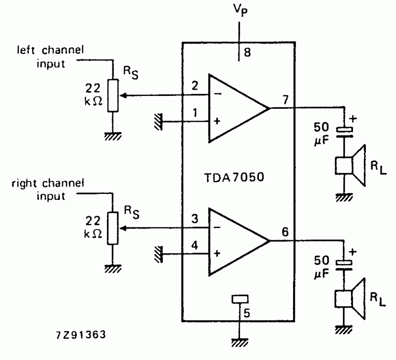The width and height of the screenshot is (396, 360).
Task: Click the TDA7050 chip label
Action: pyautogui.click(x=234, y=177)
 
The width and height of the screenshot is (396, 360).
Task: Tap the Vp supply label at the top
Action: pyautogui.click(x=240, y=10)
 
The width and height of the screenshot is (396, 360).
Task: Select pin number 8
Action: pyautogui.click(x=247, y=52)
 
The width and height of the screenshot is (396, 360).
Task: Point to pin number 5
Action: pyautogui.click(x=247, y=313)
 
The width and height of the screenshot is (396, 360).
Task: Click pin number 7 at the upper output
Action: pyautogui.click(x=286, y=99)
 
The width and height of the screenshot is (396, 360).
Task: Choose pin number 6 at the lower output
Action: pyautogui.click(x=285, y=232)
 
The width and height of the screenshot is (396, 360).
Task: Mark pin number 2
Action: pyautogui.click(x=195, y=86)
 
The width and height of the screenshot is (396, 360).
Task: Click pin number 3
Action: pyautogui.click(x=195, y=219)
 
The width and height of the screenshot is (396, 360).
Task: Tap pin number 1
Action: pyautogui.click(x=195, y=113)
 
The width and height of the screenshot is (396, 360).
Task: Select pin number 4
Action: pyautogui.click(x=195, y=245)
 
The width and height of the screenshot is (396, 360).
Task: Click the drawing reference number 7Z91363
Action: pyautogui.click(x=81, y=335)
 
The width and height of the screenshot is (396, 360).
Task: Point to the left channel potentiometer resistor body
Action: pyautogui.click(x=113, y=95)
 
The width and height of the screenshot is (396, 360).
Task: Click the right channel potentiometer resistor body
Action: pyautogui.click(x=113, y=228)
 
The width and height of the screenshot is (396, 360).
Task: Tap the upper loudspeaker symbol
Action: pyautogui.click(x=350, y=166)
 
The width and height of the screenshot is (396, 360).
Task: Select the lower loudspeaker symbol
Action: pyautogui.click(x=350, y=299)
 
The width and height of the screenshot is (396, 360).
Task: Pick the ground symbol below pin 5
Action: pyautogui.click(x=239, y=342)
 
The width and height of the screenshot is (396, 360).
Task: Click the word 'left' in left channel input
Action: pyautogui.click(x=26, y=50)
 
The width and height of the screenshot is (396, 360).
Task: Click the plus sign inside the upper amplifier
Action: pyautogui.click(x=217, y=121)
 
